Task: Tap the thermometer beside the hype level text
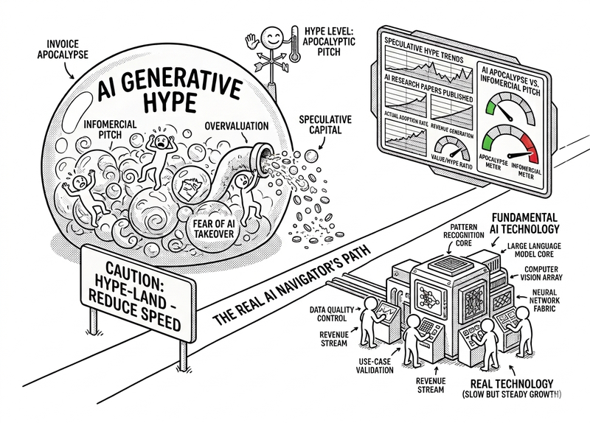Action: click(x=294, y=44)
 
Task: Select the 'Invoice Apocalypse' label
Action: click(x=62, y=49)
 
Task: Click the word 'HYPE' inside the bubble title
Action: click(x=170, y=102)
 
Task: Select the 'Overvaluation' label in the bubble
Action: click(x=237, y=125)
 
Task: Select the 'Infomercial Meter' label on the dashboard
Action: click(x=526, y=172)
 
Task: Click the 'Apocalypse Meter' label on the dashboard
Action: click(x=493, y=161)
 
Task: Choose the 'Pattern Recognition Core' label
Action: click(x=464, y=235)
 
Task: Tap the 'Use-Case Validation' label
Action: click(x=375, y=366)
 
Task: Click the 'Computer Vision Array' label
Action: click(x=541, y=273)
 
